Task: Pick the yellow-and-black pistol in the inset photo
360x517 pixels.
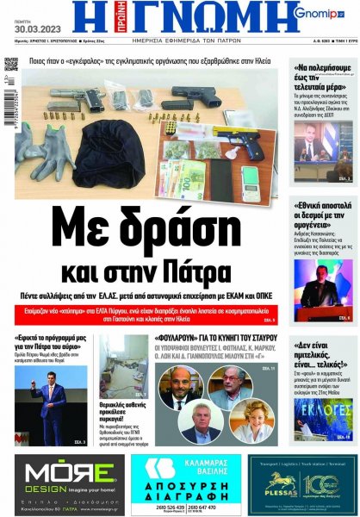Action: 241,130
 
